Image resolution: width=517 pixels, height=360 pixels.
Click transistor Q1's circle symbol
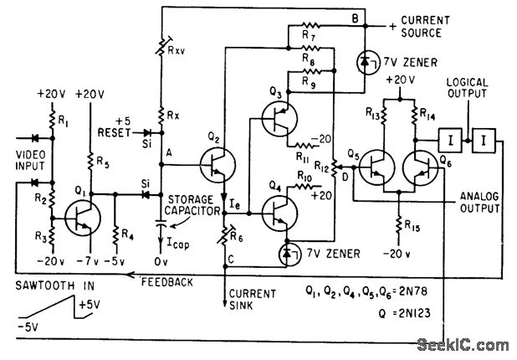(x=83, y=219)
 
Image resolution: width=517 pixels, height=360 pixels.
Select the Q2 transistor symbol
(x=218, y=165)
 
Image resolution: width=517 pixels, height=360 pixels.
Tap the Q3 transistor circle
(x=279, y=118)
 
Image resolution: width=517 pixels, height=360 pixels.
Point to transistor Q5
(x=376, y=167)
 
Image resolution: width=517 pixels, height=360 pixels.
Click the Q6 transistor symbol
(x=421, y=167)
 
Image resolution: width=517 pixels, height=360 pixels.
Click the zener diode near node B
(x=365, y=62)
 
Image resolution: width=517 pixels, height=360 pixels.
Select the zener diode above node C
(x=288, y=254)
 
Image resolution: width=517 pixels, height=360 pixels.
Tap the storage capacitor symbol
(x=161, y=222)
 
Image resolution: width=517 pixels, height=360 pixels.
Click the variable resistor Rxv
(x=161, y=45)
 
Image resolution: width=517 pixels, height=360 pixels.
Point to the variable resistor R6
(x=225, y=235)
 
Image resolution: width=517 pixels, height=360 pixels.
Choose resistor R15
(x=399, y=224)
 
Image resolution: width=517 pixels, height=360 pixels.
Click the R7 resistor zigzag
(x=310, y=25)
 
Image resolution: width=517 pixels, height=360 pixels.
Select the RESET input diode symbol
(x=147, y=133)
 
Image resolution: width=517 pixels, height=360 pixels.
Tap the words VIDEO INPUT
(x=31, y=161)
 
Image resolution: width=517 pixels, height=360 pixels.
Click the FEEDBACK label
(x=167, y=282)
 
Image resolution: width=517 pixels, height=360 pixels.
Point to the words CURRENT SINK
(x=253, y=299)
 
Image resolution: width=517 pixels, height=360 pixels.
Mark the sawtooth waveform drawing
(x=54, y=307)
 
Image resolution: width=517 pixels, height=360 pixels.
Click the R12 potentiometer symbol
(x=334, y=167)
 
